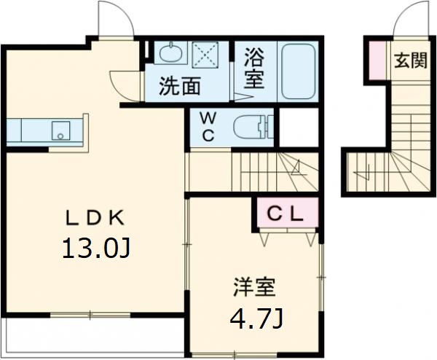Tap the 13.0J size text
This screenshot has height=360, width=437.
pyautogui.click(x=96, y=249)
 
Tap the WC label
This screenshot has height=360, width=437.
pyautogui.click(x=206, y=127)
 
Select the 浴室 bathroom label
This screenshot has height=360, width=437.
pyautogui.click(x=253, y=69)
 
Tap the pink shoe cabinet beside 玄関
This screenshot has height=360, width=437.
pyautogui.click(x=377, y=60)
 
